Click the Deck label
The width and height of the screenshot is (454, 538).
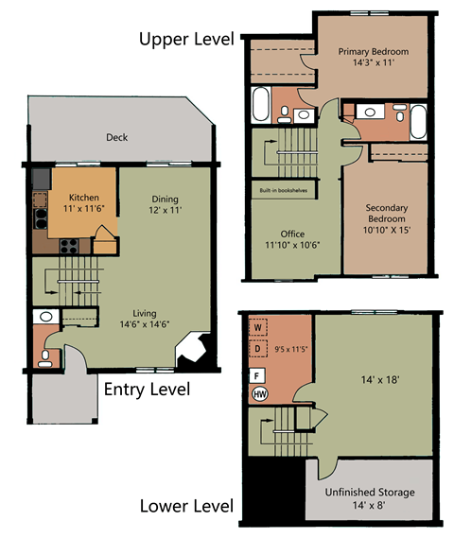pyautogui.click(x=117, y=137)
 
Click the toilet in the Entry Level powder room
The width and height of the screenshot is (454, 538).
pyautogui.click(x=46, y=357)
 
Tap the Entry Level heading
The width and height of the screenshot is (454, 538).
pyautogui.click(x=147, y=389)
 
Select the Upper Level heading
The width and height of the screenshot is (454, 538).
pyautogui.click(x=184, y=39)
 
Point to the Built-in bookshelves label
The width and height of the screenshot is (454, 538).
pyautogui.click(x=283, y=190)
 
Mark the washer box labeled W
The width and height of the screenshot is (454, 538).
pyautogui.click(x=258, y=328)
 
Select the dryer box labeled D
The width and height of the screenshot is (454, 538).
pyautogui.click(x=258, y=349)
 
